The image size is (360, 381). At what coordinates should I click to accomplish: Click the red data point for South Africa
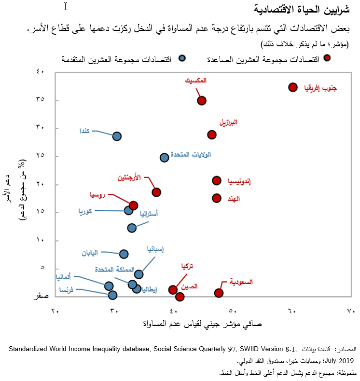(x=292, y=87)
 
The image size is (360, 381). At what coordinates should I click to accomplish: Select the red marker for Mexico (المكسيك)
(x=202, y=100)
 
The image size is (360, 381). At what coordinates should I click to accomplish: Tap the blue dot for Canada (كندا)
(x=117, y=136)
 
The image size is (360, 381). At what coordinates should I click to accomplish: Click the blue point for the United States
(x=164, y=157)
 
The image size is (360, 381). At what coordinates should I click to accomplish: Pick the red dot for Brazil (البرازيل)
(x=211, y=135)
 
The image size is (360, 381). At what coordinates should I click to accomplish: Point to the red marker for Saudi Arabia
(x=219, y=293)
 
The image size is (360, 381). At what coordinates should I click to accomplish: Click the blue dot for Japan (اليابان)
(x=124, y=254)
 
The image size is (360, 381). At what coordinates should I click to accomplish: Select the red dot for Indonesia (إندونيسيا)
(x=217, y=180)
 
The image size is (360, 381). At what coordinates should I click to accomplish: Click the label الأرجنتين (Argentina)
(x=130, y=177)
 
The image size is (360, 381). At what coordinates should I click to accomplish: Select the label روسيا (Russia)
(x=97, y=195)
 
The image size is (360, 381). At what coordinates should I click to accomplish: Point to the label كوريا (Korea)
(x=86, y=211)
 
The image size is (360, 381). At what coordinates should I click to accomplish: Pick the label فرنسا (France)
(x=67, y=289)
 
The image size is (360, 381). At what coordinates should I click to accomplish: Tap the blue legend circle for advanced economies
(x=182, y=58)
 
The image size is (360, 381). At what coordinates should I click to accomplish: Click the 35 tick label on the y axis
(x=40, y=99)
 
